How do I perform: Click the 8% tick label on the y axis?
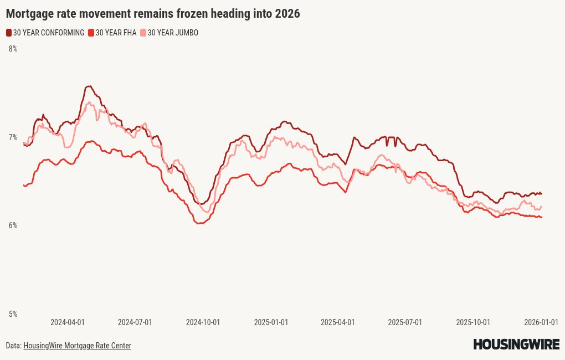13,49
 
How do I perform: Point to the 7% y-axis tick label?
13,137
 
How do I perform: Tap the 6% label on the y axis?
13,225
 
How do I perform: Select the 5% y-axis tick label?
13,314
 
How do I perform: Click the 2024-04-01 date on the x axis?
68,322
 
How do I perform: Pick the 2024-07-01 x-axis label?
135,322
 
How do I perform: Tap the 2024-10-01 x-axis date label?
203,322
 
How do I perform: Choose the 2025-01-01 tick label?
271,322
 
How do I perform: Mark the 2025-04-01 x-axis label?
338,322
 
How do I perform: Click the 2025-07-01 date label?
405,322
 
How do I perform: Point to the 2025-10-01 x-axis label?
473,322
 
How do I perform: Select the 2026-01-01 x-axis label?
541,322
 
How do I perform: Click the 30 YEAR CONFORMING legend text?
49,33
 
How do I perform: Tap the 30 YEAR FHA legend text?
116,33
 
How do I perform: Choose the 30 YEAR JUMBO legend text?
173,33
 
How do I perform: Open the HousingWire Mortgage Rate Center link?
77,346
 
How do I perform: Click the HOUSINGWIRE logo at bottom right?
516,344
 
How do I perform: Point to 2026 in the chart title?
287,13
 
